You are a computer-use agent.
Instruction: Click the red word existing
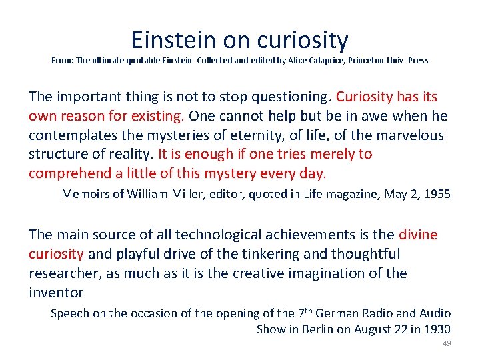point(155,116)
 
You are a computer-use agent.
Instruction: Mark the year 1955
point(436,194)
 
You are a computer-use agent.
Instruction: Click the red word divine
point(418,235)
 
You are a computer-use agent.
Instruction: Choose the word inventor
point(56,293)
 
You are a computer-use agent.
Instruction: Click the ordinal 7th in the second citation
point(304,313)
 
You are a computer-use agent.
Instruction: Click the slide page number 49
point(447,343)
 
